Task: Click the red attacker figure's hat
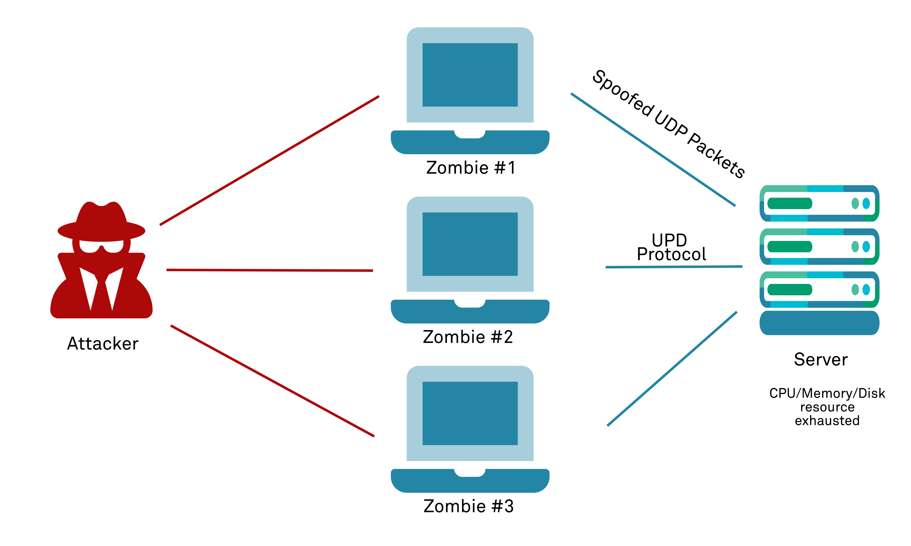[101, 222]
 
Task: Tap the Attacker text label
[103, 344]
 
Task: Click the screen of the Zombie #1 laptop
[470, 75]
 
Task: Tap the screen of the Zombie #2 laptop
[470, 244]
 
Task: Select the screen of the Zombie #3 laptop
[470, 414]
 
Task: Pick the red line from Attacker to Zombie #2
[270, 270]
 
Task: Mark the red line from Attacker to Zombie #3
[272, 381]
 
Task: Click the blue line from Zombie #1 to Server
[653, 149]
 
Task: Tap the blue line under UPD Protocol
[674, 267]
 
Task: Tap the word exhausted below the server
[827, 421]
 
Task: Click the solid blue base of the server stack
[819, 323]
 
